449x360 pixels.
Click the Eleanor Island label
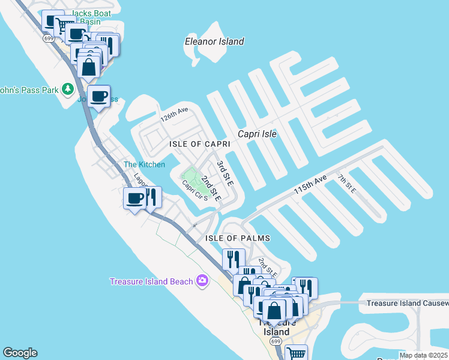click(214, 41)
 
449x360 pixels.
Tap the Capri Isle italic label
click(257, 134)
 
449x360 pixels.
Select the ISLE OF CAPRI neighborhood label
click(200, 145)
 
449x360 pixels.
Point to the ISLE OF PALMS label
click(238, 238)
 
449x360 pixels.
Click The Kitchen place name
click(144, 164)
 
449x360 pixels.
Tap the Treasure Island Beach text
click(151, 281)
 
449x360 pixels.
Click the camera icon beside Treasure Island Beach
click(202, 281)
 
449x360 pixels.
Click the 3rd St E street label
click(224, 173)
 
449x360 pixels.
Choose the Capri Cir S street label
click(194, 190)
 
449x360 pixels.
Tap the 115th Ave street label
click(310, 184)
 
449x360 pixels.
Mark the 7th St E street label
click(347, 183)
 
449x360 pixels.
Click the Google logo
click(20, 353)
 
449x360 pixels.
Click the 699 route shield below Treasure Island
click(276, 341)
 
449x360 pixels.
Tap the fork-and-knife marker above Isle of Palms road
click(232, 259)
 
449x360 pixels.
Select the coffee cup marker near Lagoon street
click(134, 198)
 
